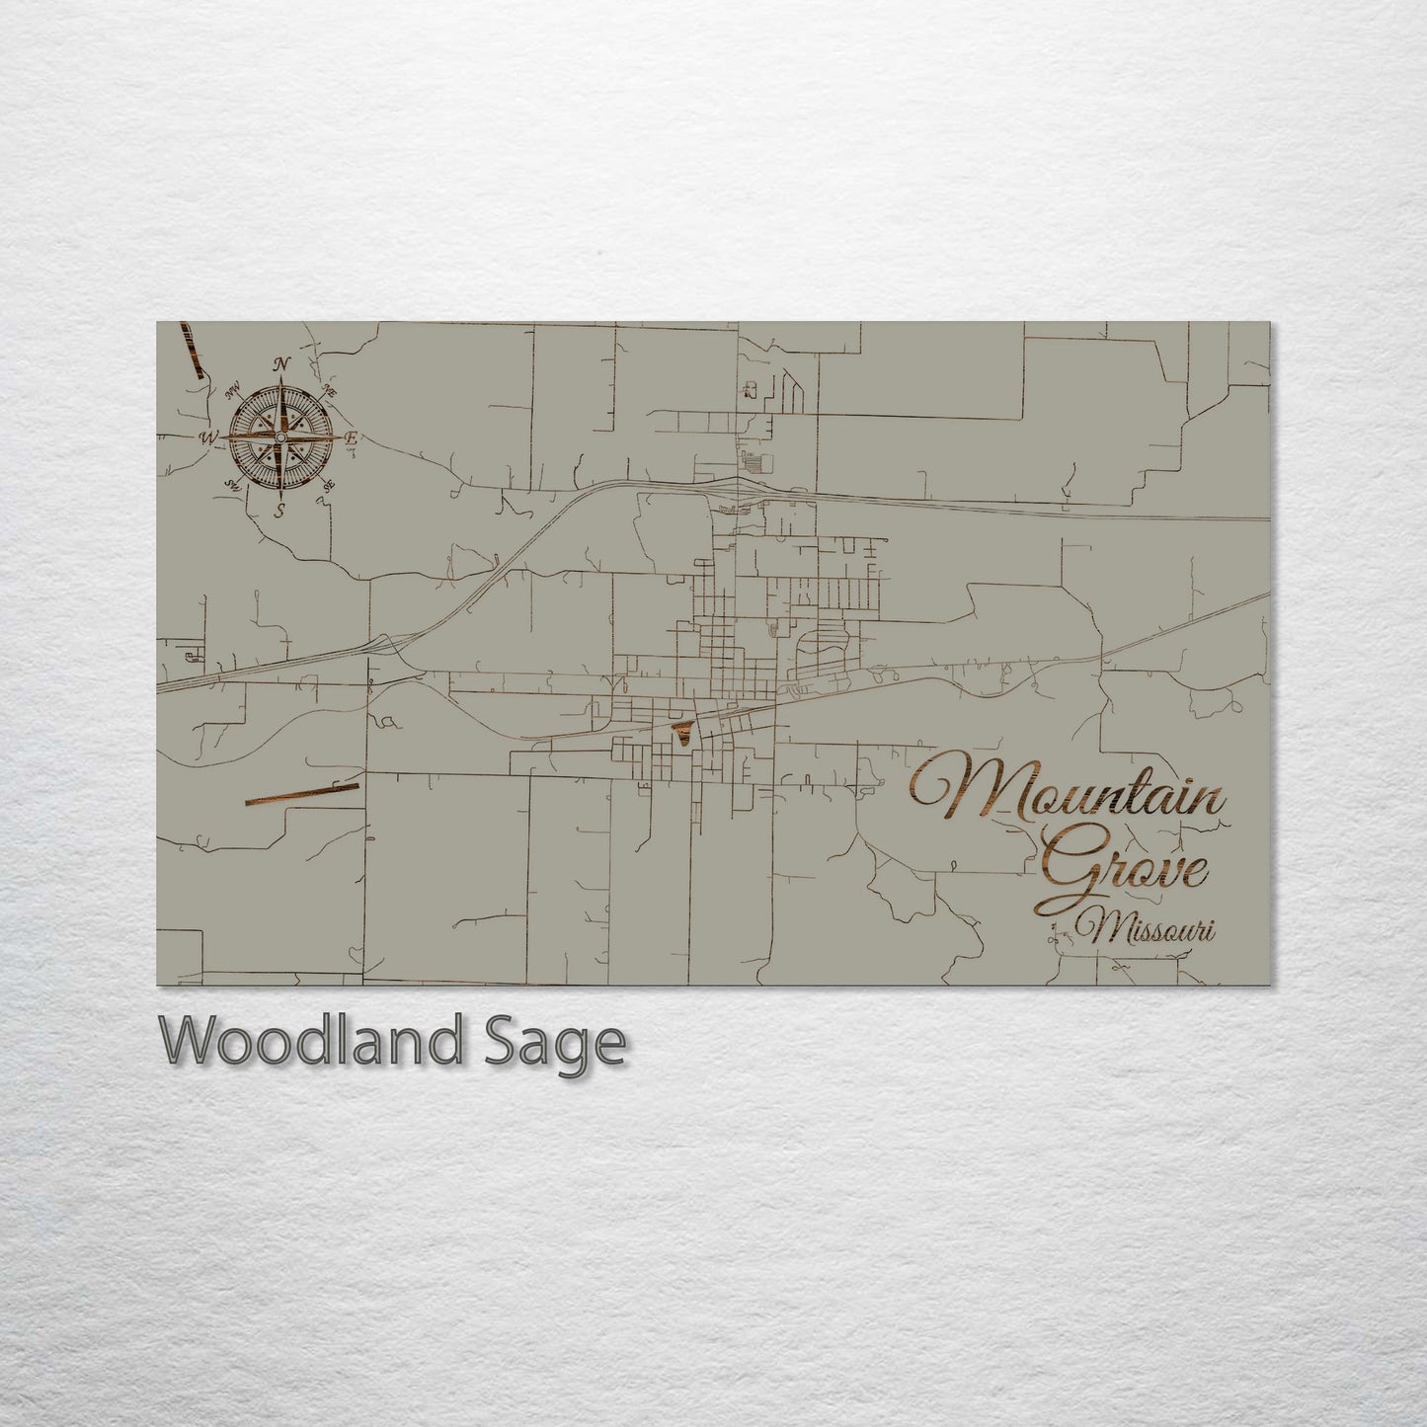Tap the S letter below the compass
click(x=280, y=510)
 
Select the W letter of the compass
click(x=208, y=436)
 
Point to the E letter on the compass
click(x=352, y=436)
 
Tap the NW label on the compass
click(x=235, y=391)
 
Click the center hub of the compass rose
click(x=280, y=436)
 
